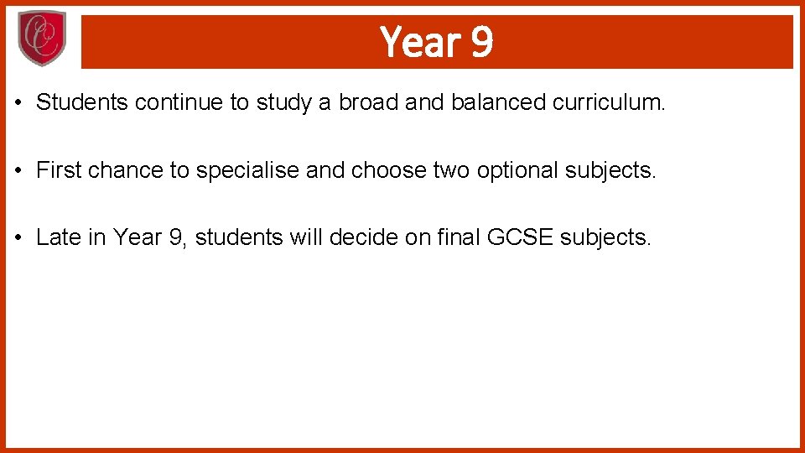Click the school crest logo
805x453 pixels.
[42, 39]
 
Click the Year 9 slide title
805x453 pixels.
[436, 41]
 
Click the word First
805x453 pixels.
[59, 170]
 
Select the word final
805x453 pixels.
[458, 237]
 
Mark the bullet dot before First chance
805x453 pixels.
[17, 171]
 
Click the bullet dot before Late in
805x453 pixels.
[17, 238]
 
